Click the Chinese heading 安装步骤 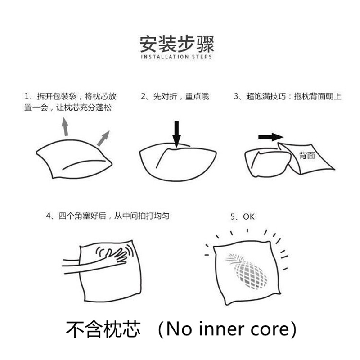pyautogui.click(x=177, y=44)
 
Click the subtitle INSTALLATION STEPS pyautogui.click(x=176, y=57)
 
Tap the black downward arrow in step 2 pyautogui.click(x=176, y=134)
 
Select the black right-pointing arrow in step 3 pyautogui.click(x=271, y=137)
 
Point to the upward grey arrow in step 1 pyautogui.click(x=65, y=126)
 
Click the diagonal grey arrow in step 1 pyautogui.click(x=103, y=139)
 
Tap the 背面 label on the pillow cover pyautogui.click(x=307, y=156)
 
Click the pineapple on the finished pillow pyautogui.click(x=246, y=271)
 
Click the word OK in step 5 pyautogui.click(x=249, y=216)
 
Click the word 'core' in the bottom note pyautogui.click(x=270, y=331)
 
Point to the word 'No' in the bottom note pyautogui.click(x=179, y=329)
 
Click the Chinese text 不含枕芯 pyautogui.click(x=103, y=329)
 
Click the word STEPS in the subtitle pyautogui.click(x=202, y=57)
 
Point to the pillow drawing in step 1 pyautogui.click(x=74, y=159)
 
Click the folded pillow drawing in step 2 pyautogui.click(x=178, y=162)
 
